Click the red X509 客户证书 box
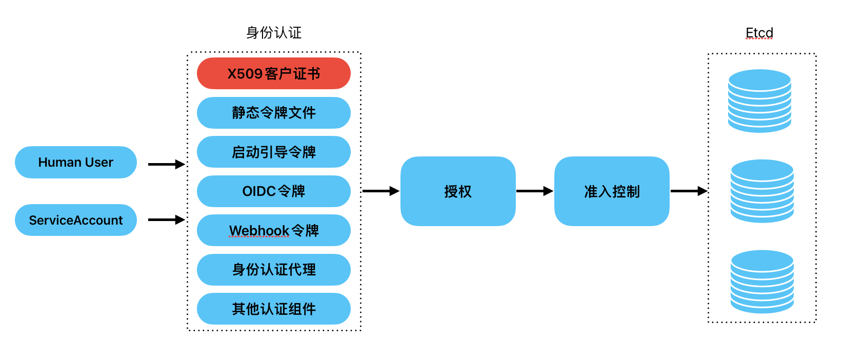coord(273,73)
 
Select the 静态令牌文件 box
coord(273,113)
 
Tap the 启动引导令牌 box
coord(273,152)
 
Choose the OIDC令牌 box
coord(273,191)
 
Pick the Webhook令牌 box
coord(273,230)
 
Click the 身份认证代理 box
coord(273,270)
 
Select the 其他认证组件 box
coord(273,309)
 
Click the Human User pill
coord(76,162)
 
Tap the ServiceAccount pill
coord(76,220)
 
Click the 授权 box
coord(457,191)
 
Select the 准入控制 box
coord(611,191)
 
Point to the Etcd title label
coord(759,33)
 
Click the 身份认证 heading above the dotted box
coord(274,33)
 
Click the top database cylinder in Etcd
coord(759,101)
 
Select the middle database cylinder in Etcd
coord(762,191)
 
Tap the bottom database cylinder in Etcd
coord(762,282)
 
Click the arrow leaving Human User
coord(166,164)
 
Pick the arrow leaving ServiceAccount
coord(166,219)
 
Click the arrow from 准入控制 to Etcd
coord(688,191)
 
